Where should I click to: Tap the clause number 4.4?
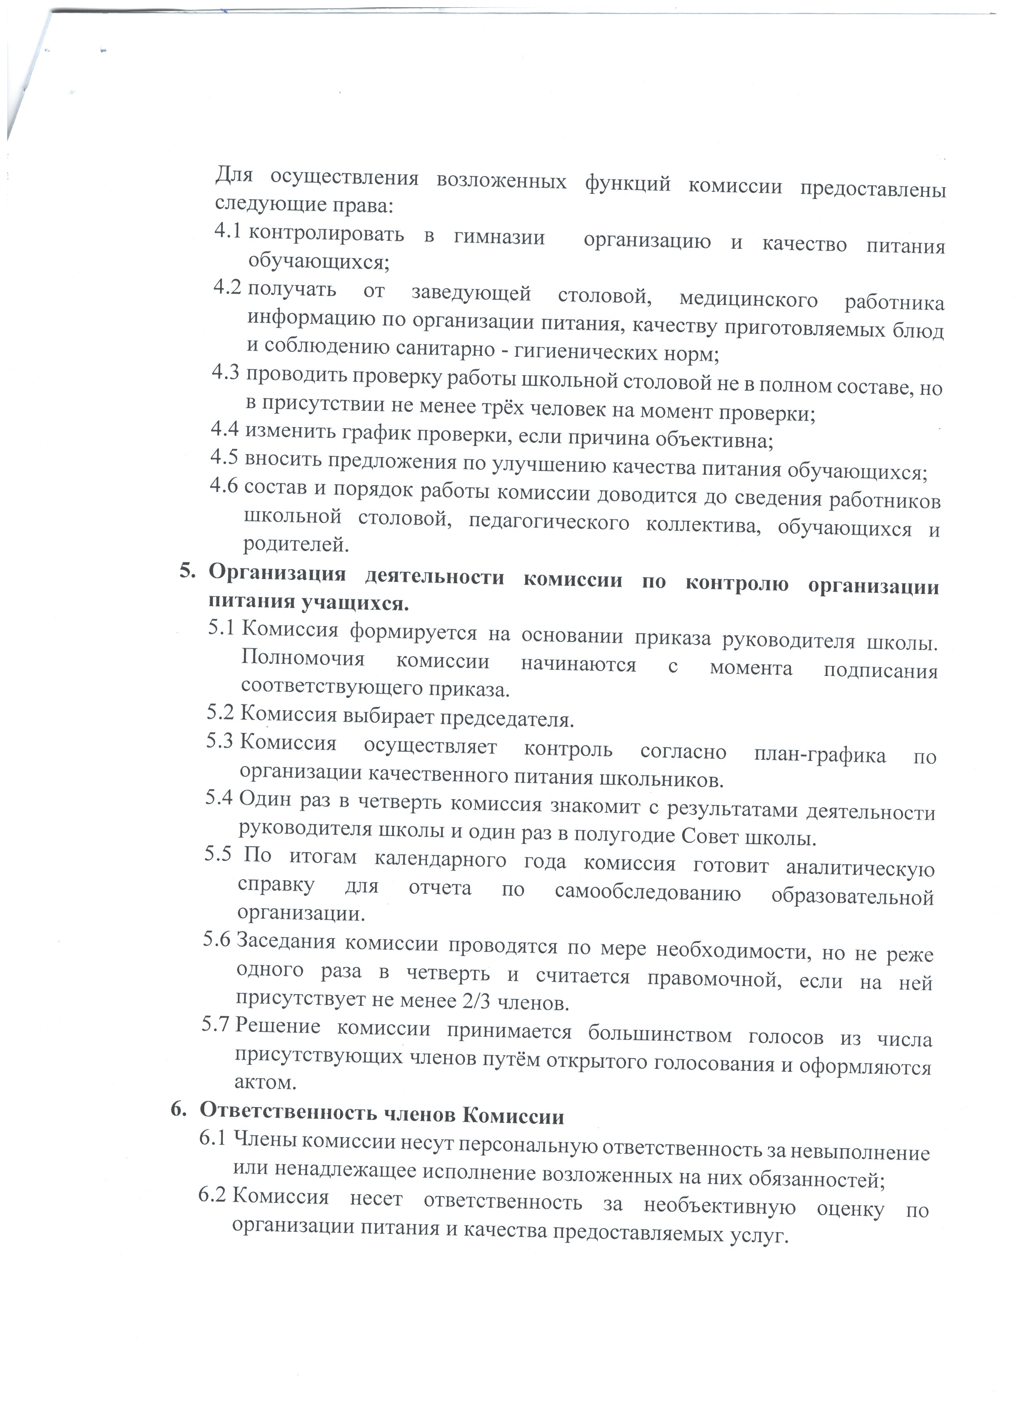(224, 428)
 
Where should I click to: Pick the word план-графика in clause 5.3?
(820, 755)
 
